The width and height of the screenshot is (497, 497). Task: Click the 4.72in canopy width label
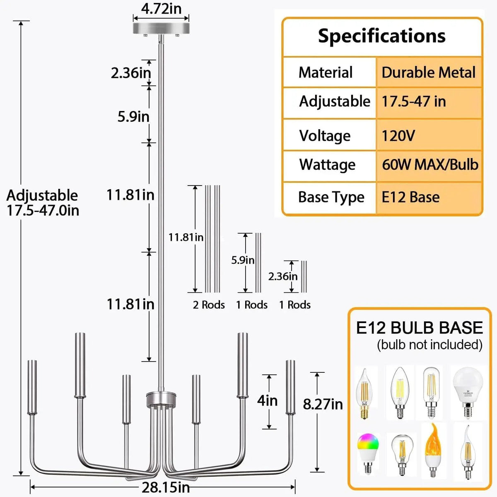click(x=161, y=9)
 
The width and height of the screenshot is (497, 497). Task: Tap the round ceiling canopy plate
click(x=161, y=29)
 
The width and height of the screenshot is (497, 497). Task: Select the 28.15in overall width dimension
click(x=165, y=487)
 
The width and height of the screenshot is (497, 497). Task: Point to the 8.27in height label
click(x=323, y=404)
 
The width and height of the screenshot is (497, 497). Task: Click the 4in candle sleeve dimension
click(x=267, y=401)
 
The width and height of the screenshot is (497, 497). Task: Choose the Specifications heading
click(x=382, y=36)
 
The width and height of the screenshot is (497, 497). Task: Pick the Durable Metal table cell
click(x=428, y=72)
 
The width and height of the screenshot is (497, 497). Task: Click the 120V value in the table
click(x=398, y=136)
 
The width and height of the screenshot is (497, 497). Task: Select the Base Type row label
click(x=331, y=198)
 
